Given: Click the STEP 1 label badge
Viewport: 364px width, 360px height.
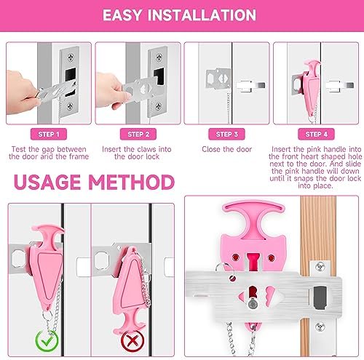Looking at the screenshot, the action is [x=49, y=134].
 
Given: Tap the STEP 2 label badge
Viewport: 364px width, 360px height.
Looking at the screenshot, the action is [x=138, y=134].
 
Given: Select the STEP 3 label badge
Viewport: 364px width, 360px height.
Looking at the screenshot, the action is [x=226, y=134].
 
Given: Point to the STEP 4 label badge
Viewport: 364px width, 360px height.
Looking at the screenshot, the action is [x=316, y=134].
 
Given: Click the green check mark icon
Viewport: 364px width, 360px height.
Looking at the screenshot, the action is [x=47, y=340].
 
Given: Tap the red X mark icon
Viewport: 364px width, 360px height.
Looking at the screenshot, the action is [x=132, y=340].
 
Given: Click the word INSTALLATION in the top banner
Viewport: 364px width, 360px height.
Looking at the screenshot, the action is [x=202, y=15].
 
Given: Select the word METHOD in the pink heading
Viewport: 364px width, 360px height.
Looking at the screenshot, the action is [x=131, y=182].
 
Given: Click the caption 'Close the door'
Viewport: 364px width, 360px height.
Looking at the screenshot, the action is [x=226, y=149].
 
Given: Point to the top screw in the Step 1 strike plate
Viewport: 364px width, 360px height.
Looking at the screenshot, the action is [x=71, y=57].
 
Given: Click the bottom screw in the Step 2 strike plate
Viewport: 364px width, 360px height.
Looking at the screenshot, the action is [x=159, y=105].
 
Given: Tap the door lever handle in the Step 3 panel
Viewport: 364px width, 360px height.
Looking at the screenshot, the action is [x=251, y=86].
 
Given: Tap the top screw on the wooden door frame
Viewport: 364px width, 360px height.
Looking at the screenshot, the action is [x=320, y=267].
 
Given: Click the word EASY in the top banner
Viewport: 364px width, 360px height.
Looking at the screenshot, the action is [x=122, y=15].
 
